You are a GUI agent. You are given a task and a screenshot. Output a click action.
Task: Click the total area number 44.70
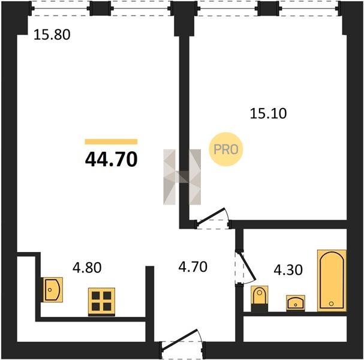pos(111,160)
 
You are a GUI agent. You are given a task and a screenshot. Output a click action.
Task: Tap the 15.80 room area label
pos(52,35)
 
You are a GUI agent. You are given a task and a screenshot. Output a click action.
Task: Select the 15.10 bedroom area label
pos(269,113)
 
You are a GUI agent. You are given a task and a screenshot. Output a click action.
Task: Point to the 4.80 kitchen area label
pos(87,268)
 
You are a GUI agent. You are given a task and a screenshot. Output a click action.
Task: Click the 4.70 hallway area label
pos(192,266)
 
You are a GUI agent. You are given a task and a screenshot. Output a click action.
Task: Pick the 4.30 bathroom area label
pos(288,270)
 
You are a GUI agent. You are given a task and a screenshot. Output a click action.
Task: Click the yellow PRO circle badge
pos(226,149)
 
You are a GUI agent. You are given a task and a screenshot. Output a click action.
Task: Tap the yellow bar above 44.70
pos(111,142)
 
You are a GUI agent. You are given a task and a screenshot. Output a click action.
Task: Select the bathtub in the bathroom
pos(332,281)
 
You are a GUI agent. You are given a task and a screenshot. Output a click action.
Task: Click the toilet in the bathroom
pos(260,299)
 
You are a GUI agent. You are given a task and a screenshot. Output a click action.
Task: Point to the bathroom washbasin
pos(296,302)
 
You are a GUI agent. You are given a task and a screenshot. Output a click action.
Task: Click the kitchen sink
pos(52,290)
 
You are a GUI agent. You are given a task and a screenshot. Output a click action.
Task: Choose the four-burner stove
pos(101,302)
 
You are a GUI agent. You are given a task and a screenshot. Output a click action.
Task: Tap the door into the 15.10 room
pos(212,218)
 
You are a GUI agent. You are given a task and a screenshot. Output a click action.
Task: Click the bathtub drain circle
pos(331,304)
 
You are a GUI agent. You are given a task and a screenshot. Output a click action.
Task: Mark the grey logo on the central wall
pos(182,177)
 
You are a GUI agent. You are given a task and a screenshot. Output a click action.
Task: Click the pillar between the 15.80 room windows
pos(100,8)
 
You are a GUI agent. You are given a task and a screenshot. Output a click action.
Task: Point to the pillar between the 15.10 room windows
pos(269,8)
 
